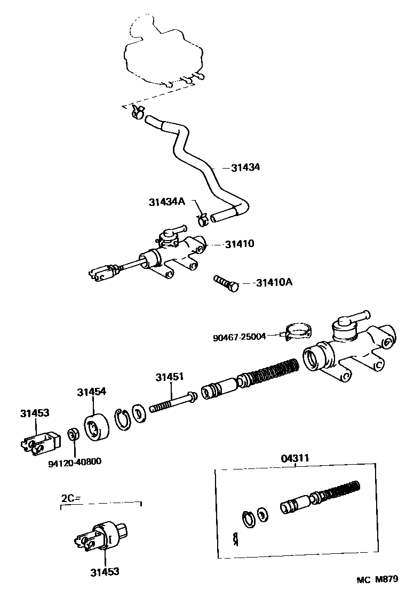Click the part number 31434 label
245,167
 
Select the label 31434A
166,202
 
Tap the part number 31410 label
239,244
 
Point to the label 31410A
274,282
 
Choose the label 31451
170,377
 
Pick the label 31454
91,392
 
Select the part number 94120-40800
75,461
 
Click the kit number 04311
294,458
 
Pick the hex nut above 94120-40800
73,433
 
